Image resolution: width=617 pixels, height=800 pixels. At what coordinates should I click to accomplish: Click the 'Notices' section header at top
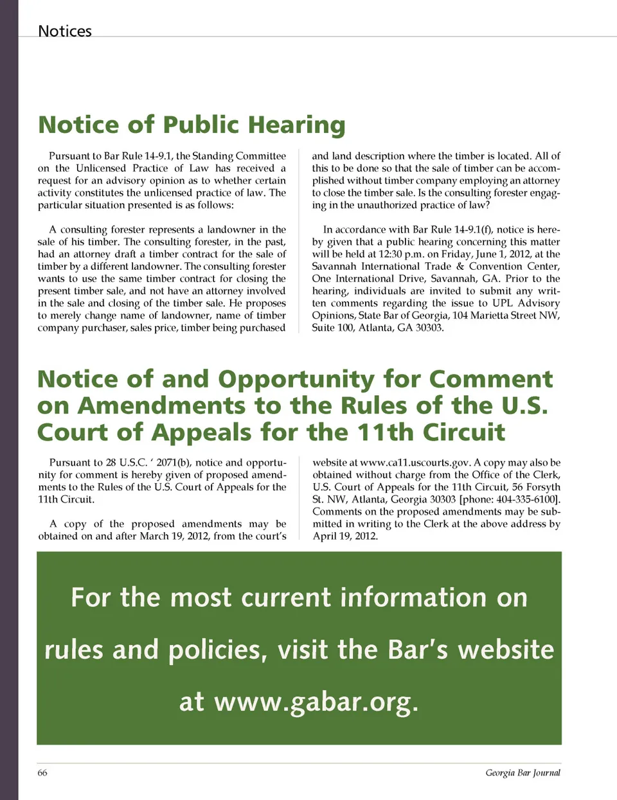[x=65, y=31]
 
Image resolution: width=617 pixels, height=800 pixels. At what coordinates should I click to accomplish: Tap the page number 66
[x=42, y=772]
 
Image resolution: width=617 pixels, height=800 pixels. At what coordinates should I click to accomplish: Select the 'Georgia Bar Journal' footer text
[x=523, y=772]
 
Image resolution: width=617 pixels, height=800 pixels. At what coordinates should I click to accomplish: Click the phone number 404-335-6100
[x=526, y=499]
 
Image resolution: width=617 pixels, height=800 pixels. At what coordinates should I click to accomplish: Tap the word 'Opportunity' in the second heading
[x=296, y=379]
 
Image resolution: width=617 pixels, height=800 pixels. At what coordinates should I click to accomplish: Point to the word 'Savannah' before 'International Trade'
[x=334, y=267]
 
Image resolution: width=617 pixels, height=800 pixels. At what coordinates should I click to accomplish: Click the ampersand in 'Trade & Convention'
[x=460, y=267]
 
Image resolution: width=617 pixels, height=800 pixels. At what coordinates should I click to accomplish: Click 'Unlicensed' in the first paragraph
[x=101, y=168]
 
